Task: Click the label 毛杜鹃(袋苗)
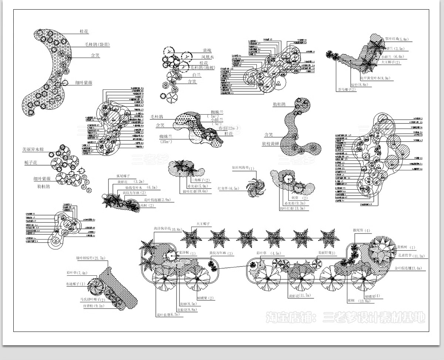[97, 45]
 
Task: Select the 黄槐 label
[208, 51]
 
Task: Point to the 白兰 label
[196, 75]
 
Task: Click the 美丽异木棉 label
[36, 150]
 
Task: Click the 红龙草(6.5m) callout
[228, 189]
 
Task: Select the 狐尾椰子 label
[124, 176]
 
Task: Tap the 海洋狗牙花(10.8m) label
[168, 229]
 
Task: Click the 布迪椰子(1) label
[76, 283]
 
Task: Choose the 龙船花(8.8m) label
[187, 309]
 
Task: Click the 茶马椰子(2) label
[346, 89]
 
